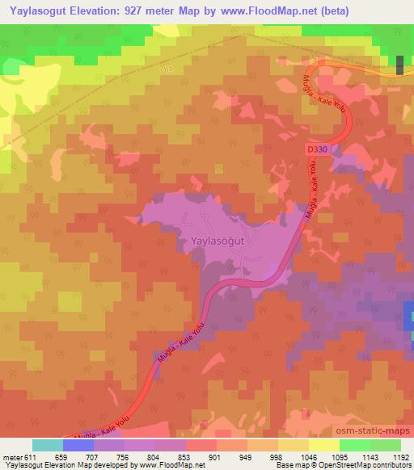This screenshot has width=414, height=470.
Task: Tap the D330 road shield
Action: (318, 149)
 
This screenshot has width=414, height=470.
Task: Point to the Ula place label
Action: (168, 72)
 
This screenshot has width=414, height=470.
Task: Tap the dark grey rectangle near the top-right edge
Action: (400, 64)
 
